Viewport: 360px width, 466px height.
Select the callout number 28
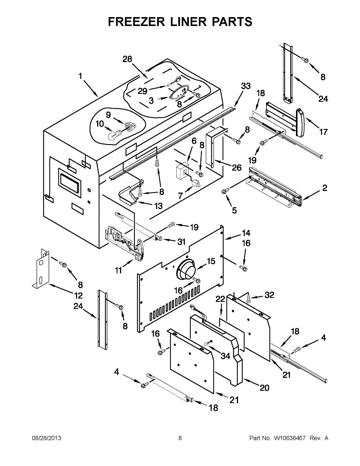[127, 59]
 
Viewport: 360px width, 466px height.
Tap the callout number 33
[245, 86]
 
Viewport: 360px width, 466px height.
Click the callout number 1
[80, 77]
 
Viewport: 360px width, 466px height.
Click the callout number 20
[264, 388]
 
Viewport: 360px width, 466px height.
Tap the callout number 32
[269, 295]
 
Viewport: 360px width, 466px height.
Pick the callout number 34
[225, 355]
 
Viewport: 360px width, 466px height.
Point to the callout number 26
[237, 168]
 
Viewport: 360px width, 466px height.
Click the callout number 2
[325, 189]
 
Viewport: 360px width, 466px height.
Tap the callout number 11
[119, 270]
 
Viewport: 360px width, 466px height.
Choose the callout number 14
[246, 233]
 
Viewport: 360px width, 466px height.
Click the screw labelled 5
[225, 191]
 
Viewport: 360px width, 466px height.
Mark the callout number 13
[158, 206]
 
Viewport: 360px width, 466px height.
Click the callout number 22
[221, 299]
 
